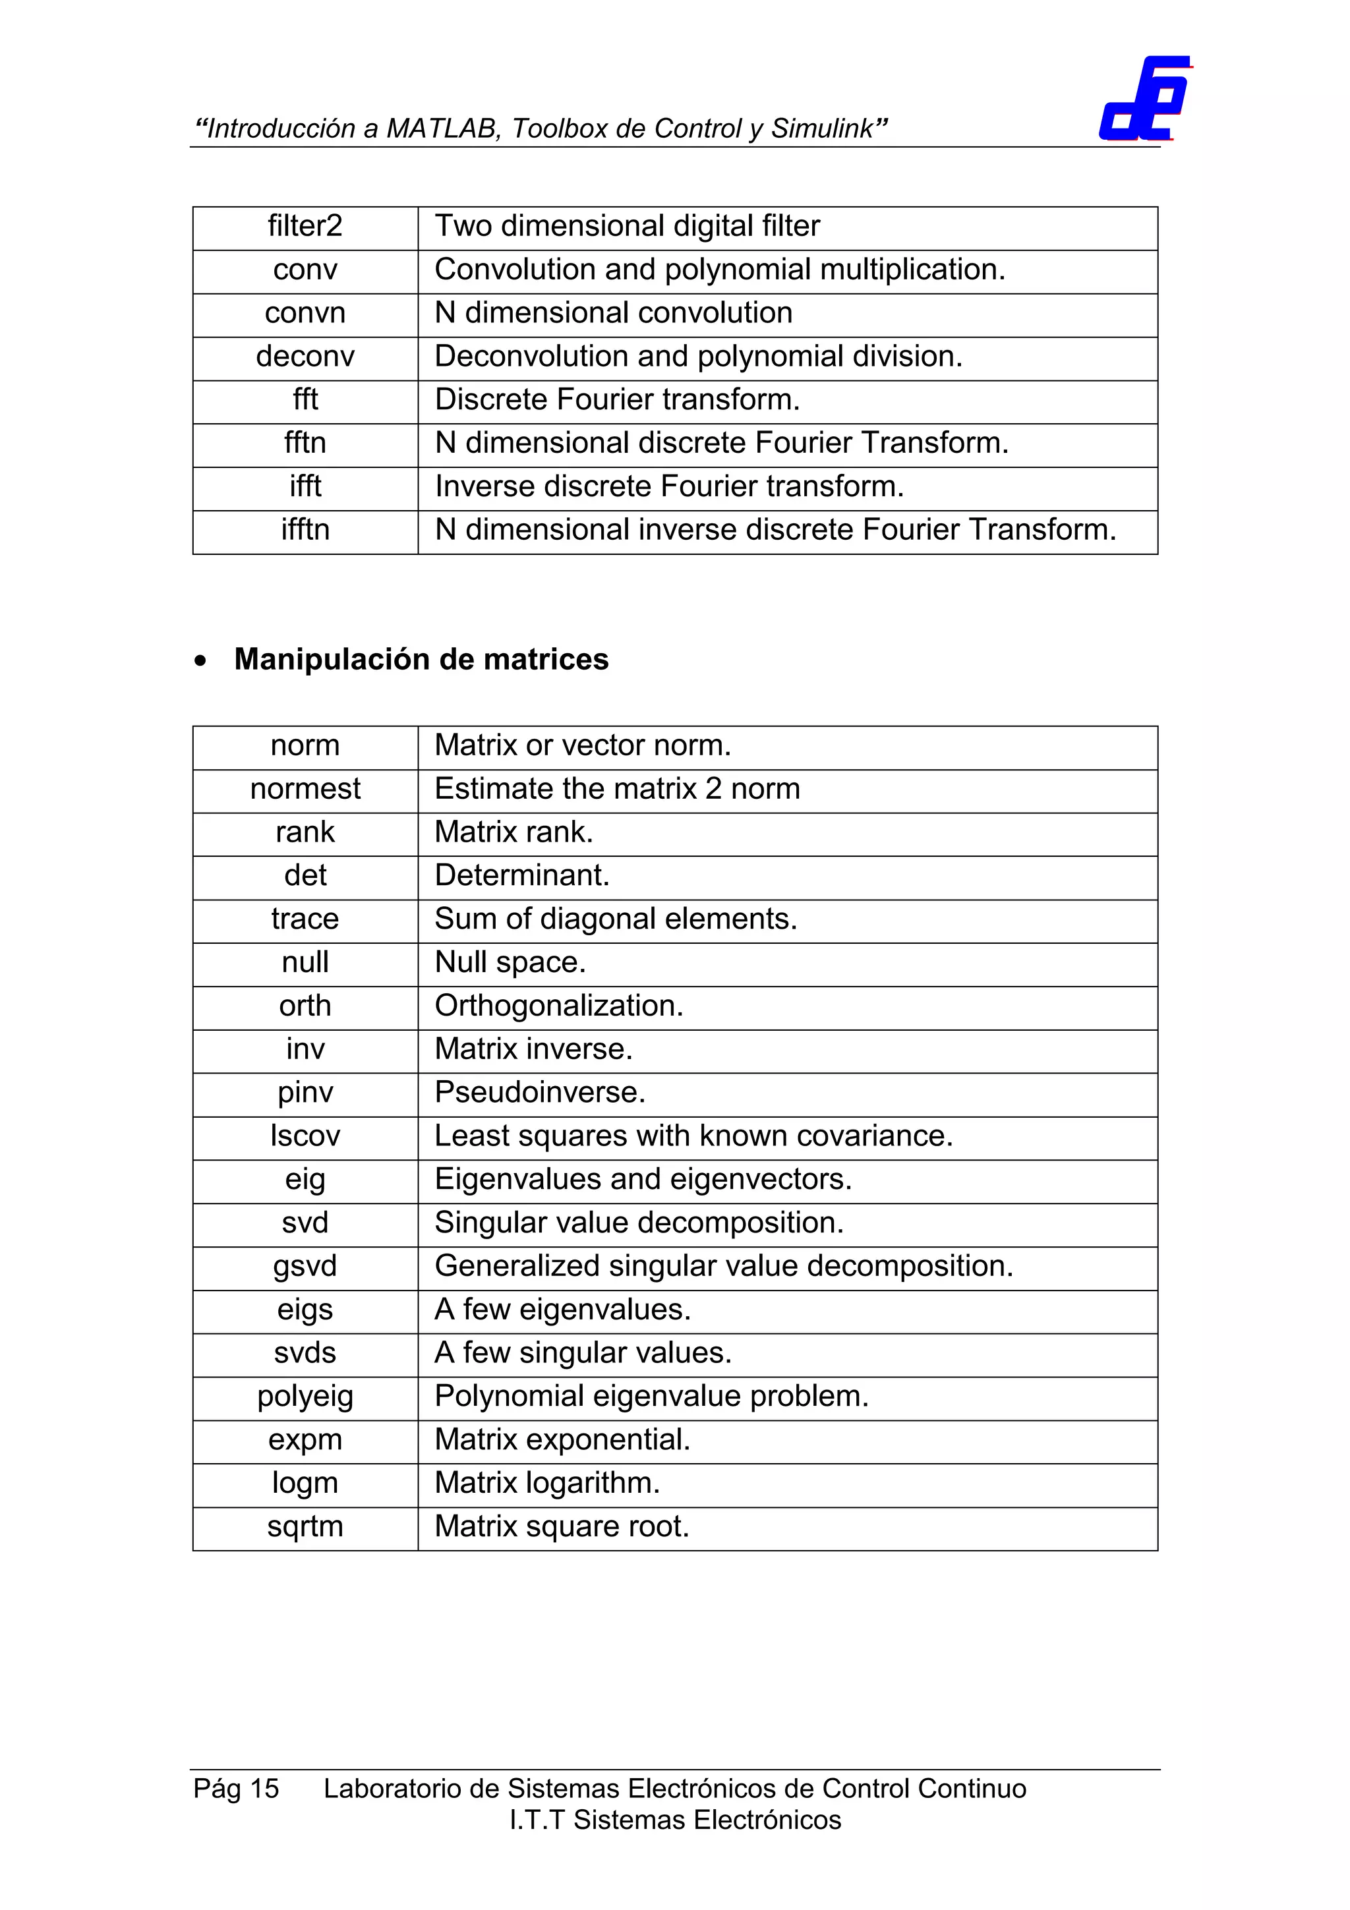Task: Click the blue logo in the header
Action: [x=1144, y=99]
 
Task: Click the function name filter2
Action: [x=305, y=226]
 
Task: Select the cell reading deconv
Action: [x=305, y=357]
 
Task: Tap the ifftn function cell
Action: [x=305, y=530]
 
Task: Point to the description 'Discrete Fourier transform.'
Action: [x=616, y=400]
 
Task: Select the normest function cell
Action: [x=305, y=789]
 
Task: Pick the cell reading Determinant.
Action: [x=521, y=876]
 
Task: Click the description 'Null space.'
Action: [x=510, y=962]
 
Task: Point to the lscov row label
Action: [x=305, y=1136]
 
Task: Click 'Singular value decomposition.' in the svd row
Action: [x=639, y=1223]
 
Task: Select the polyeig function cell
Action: [x=305, y=1397]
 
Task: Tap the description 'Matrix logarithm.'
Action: [x=546, y=1483]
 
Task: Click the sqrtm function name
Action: [x=305, y=1527]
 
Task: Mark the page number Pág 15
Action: [x=236, y=1789]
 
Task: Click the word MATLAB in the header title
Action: [x=442, y=129]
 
